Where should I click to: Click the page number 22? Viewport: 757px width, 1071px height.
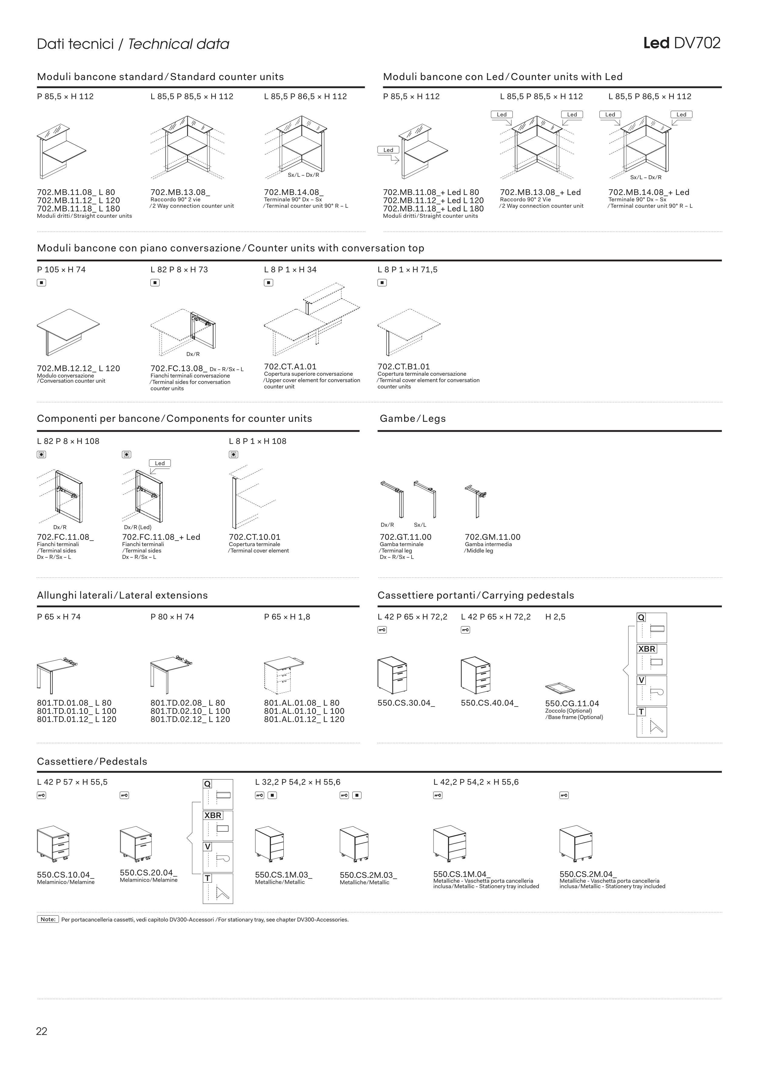[x=42, y=1031]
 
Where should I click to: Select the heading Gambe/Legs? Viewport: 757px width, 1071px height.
[x=412, y=418]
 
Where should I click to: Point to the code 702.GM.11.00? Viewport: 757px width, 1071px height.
[x=493, y=537]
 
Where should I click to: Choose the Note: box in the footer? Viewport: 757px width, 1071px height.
[x=48, y=919]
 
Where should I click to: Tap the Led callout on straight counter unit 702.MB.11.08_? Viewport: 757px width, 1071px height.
[x=388, y=150]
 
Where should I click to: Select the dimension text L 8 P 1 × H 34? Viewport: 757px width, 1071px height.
[x=290, y=270]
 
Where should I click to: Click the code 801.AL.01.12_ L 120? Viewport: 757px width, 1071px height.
[x=304, y=719]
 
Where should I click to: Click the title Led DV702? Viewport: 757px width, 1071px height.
[x=682, y=43]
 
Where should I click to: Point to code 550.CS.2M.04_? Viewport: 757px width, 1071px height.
[x=588, y=874]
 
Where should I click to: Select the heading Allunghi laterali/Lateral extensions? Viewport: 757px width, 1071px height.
[x=122, y=595]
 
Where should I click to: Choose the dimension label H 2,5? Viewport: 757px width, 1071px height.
[x=555, y=617]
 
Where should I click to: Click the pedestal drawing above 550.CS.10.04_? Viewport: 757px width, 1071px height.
[x=53, y=845]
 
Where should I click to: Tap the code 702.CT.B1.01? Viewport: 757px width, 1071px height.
[x=404, y=367]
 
